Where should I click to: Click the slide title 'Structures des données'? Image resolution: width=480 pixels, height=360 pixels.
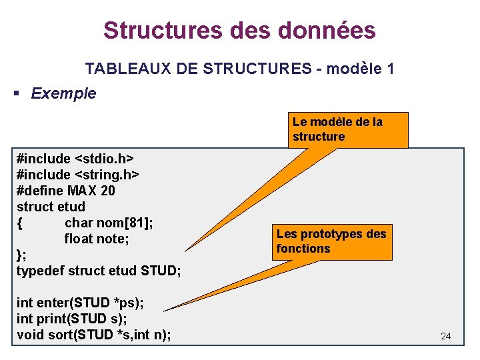[x=239, y=30]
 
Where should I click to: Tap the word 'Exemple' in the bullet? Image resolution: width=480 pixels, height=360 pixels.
[x=63, y=93]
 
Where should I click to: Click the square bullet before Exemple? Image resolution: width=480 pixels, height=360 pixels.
[x=18, y=93]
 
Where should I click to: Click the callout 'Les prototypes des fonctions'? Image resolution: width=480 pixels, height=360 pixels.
[x=331, y=241]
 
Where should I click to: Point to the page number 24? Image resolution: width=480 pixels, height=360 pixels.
[x=446, y=337]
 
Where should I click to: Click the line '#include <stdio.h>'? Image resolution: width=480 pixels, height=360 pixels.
[x=75, y=159]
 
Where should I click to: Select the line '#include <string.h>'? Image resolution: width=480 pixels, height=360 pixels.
[x=78, y=175]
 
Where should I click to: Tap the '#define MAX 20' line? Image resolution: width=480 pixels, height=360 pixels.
[x=65, y=191]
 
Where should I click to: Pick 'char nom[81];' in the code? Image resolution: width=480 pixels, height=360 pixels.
[x=109, y=223]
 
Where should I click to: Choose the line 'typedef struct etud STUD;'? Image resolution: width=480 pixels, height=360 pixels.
[x=99, y=271]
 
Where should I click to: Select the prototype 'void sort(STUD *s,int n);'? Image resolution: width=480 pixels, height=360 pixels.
[x=93, y=335]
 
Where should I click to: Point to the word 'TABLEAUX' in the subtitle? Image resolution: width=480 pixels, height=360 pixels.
[x=120, y=68]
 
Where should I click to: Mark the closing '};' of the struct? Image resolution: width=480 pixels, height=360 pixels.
[x=21, y=255]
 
